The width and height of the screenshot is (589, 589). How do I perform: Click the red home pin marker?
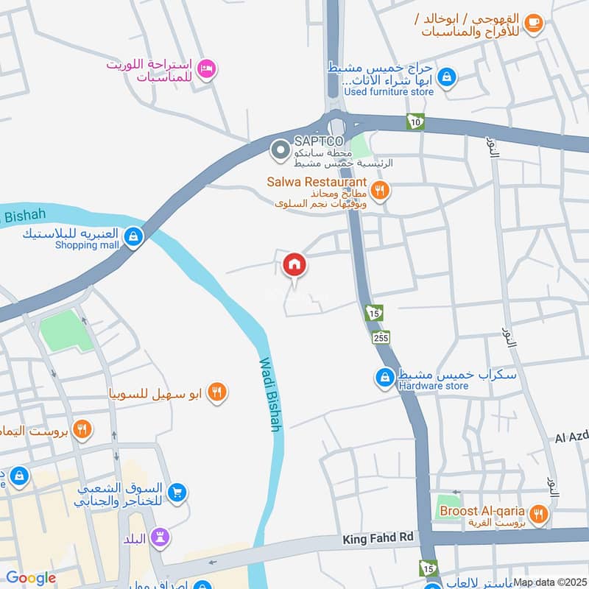(294, 264)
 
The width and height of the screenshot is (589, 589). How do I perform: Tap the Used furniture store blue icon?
(446, 76)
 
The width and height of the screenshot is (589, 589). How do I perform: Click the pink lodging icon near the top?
(208, 68)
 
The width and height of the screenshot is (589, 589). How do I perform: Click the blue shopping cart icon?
(176, 493)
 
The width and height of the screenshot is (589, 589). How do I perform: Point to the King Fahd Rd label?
(378, 540)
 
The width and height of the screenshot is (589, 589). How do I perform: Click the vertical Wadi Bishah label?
(270, 394)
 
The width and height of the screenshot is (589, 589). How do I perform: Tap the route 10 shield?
(416, 122)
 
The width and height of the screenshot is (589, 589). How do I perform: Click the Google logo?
(31, 579)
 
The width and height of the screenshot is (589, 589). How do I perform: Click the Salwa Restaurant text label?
(328, 182)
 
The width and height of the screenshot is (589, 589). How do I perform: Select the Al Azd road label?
(572, 437)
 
